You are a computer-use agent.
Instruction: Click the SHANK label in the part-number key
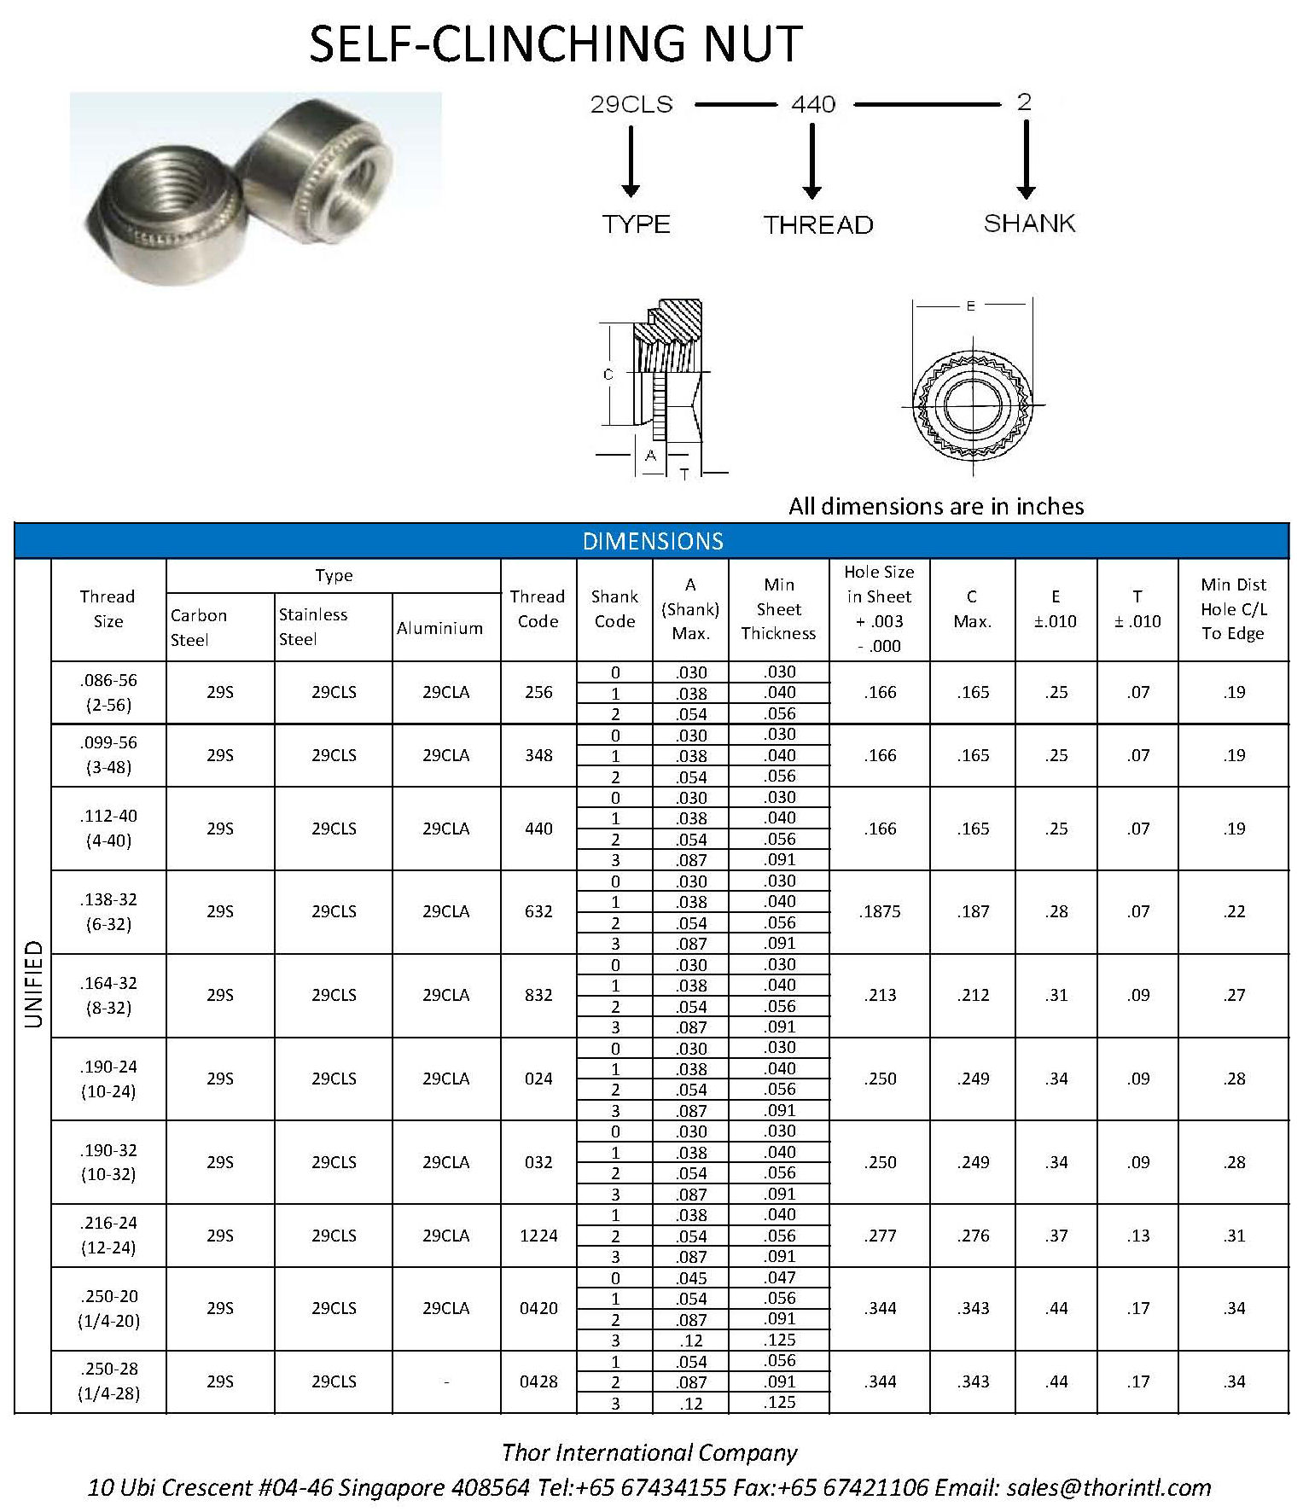click(1029, 224)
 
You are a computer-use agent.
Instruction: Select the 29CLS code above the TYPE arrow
click(631, 105)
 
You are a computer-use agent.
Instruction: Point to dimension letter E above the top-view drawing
click(971, 305)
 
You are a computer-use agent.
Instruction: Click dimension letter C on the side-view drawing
click(608, 374)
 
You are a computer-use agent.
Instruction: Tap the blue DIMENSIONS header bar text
click(653, 541)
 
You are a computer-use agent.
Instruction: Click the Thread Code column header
click(538, 608)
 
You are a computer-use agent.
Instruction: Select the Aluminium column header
click(439, 628)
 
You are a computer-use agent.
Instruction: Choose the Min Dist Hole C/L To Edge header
click(1233, 608)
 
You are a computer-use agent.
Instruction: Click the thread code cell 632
click(538, 911)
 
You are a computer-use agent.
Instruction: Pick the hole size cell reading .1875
click(880, 911)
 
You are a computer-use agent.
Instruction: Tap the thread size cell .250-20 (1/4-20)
click(108, 1308)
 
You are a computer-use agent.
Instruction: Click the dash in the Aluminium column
click(446, 1381)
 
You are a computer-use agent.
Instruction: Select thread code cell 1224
click(538, 1236)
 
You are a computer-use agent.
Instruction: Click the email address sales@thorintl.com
click(1108, 1487)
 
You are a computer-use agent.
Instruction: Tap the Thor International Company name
click(649, 1452)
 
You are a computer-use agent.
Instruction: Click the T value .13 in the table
click(1138, 1236)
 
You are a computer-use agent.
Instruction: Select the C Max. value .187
click(973, 911)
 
